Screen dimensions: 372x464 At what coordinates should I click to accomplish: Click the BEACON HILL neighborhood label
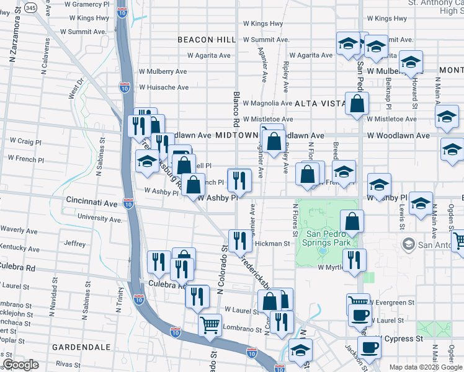tap(206, 40)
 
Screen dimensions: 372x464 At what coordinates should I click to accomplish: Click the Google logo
tap(20, 365)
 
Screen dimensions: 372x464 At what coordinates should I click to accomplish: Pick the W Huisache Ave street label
tap(163, 87)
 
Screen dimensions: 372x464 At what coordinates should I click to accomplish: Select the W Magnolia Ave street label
tap(267, 103)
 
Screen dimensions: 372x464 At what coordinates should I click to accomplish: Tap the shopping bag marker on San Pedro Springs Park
tap(352, 221)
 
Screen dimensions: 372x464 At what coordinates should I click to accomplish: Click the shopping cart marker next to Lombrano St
tap(210, 324)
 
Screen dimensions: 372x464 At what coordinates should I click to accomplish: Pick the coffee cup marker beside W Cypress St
tap(369, 348)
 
